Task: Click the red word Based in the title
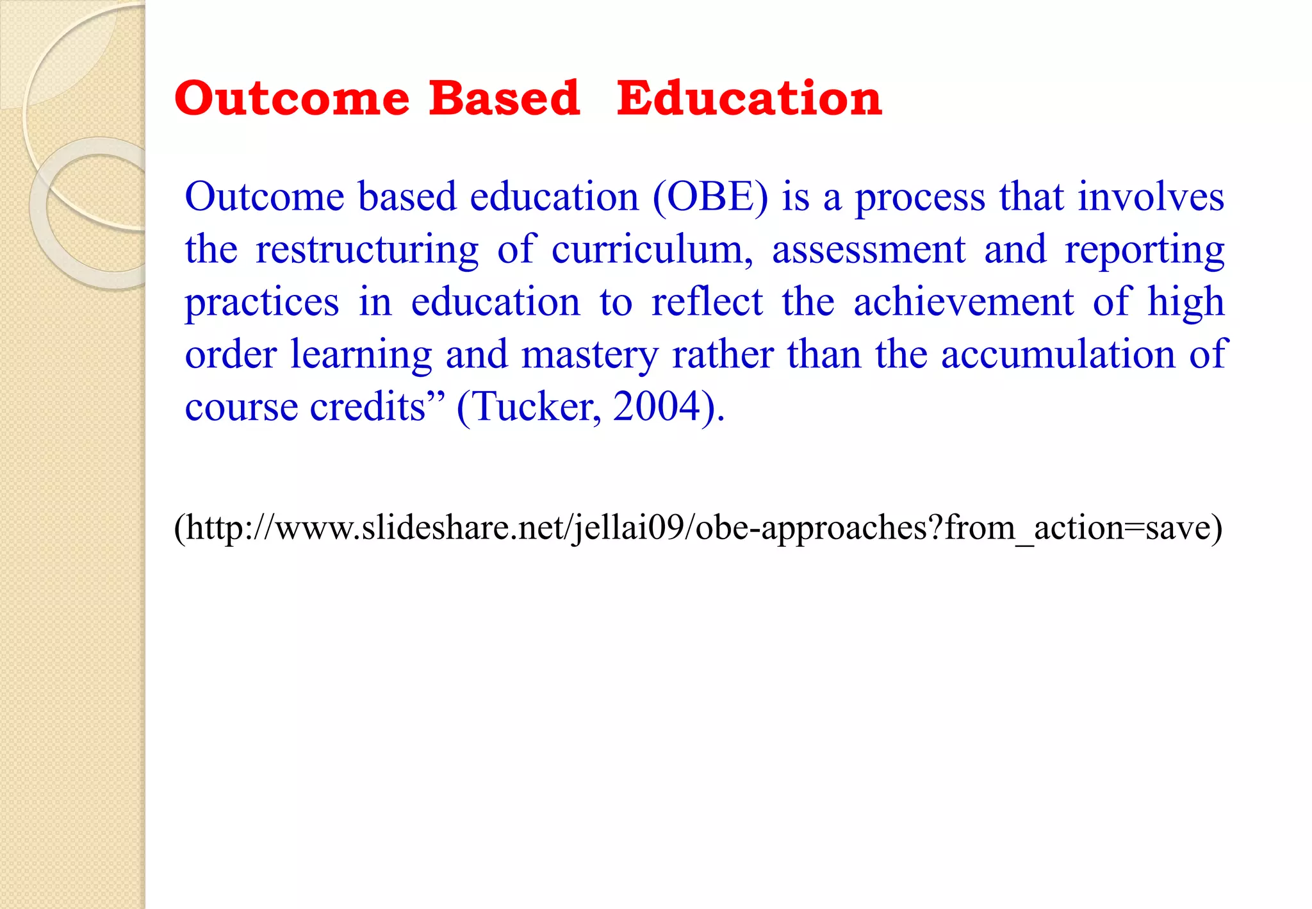[x=504, y=99]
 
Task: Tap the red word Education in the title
[x=749, y=99]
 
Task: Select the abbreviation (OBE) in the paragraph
[x=710, y=197]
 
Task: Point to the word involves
[x=1151, y=197]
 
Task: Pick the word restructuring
[x=367, y=251]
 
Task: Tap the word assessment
[x=868, y=249]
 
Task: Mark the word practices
[x=262, y=303]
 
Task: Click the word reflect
[x=707, y=302]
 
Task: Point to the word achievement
[x=963, y=302]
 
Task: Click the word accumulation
[x=1058, y=354]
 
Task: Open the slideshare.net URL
[x=698, y=529]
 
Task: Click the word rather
[x=723, y=354]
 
